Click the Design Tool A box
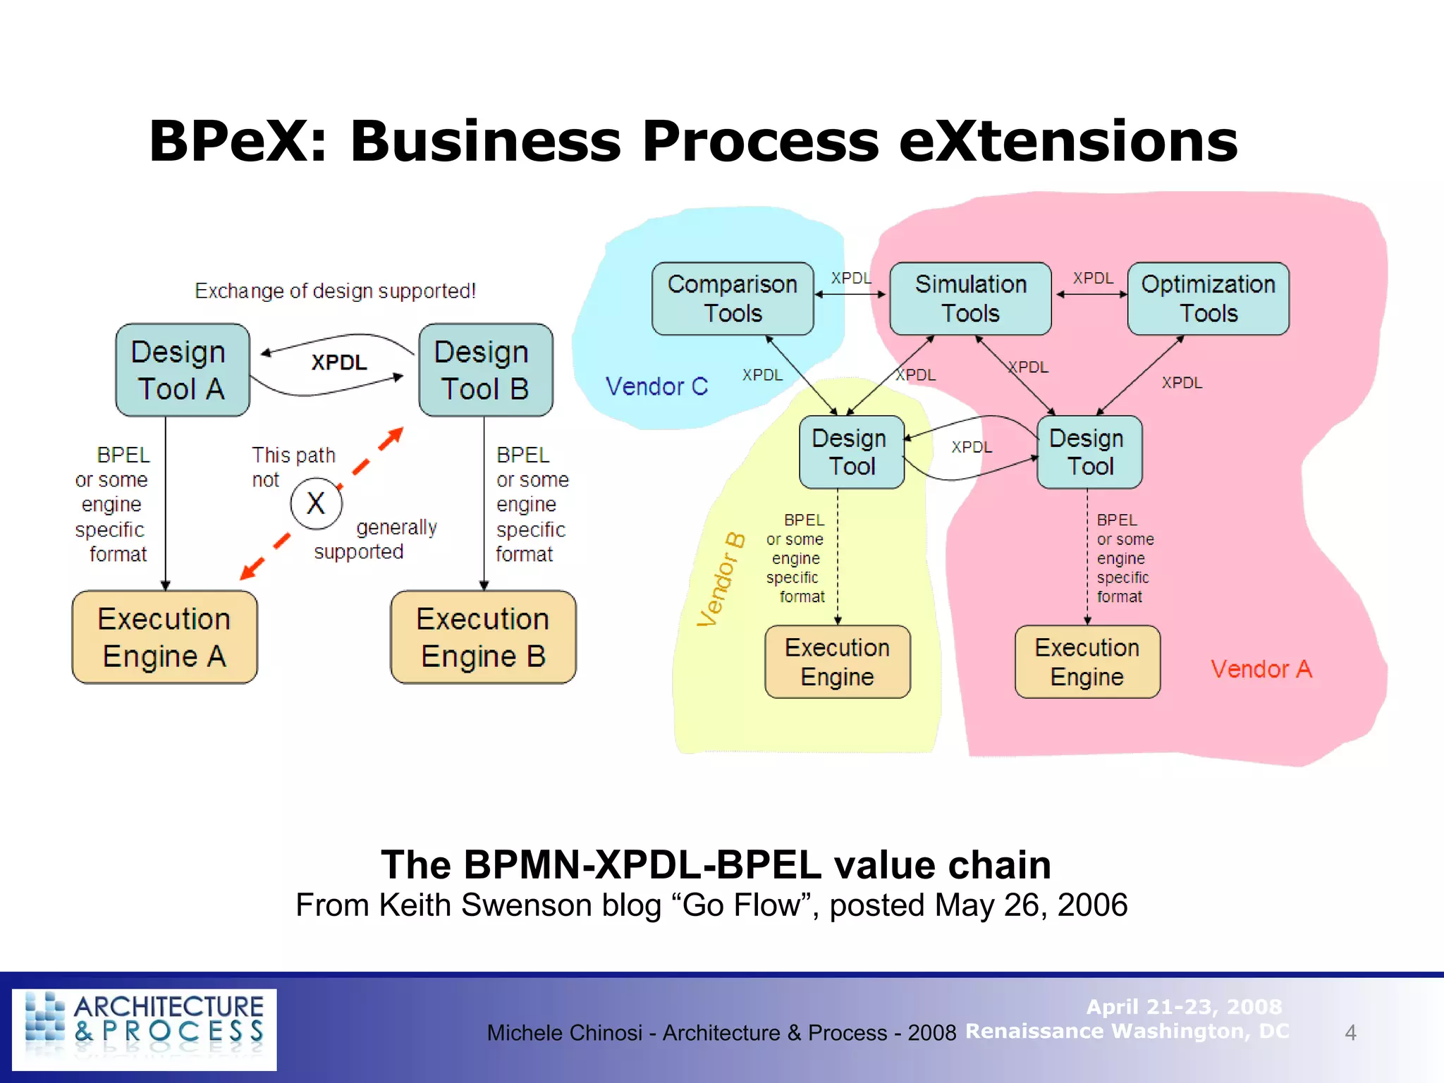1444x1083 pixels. tap(182, 370)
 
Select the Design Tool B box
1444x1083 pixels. tap(485, 370)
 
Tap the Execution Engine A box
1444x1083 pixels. tap(164, 637)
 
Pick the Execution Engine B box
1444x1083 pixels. tap(483, 637)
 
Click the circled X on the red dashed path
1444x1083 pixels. tap(316, 503)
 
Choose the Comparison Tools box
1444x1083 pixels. tap(733, 298)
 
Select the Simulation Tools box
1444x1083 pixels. tap(970, 298)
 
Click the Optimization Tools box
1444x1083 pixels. tap(1208, 298)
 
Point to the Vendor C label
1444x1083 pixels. tap(656, 386)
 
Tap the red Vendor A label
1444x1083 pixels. tap(1261, 669)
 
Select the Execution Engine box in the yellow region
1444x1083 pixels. tap(837, 662)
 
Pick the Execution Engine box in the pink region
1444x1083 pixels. tap(1087, 662)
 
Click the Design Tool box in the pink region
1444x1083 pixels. tap(1089, 452)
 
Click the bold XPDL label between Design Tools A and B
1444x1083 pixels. tap(339, 362)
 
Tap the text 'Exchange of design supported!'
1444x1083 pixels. tap(335, 290)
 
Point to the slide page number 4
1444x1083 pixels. tap(1350, 1033)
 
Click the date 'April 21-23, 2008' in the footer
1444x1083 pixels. tap(1184, 1007)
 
